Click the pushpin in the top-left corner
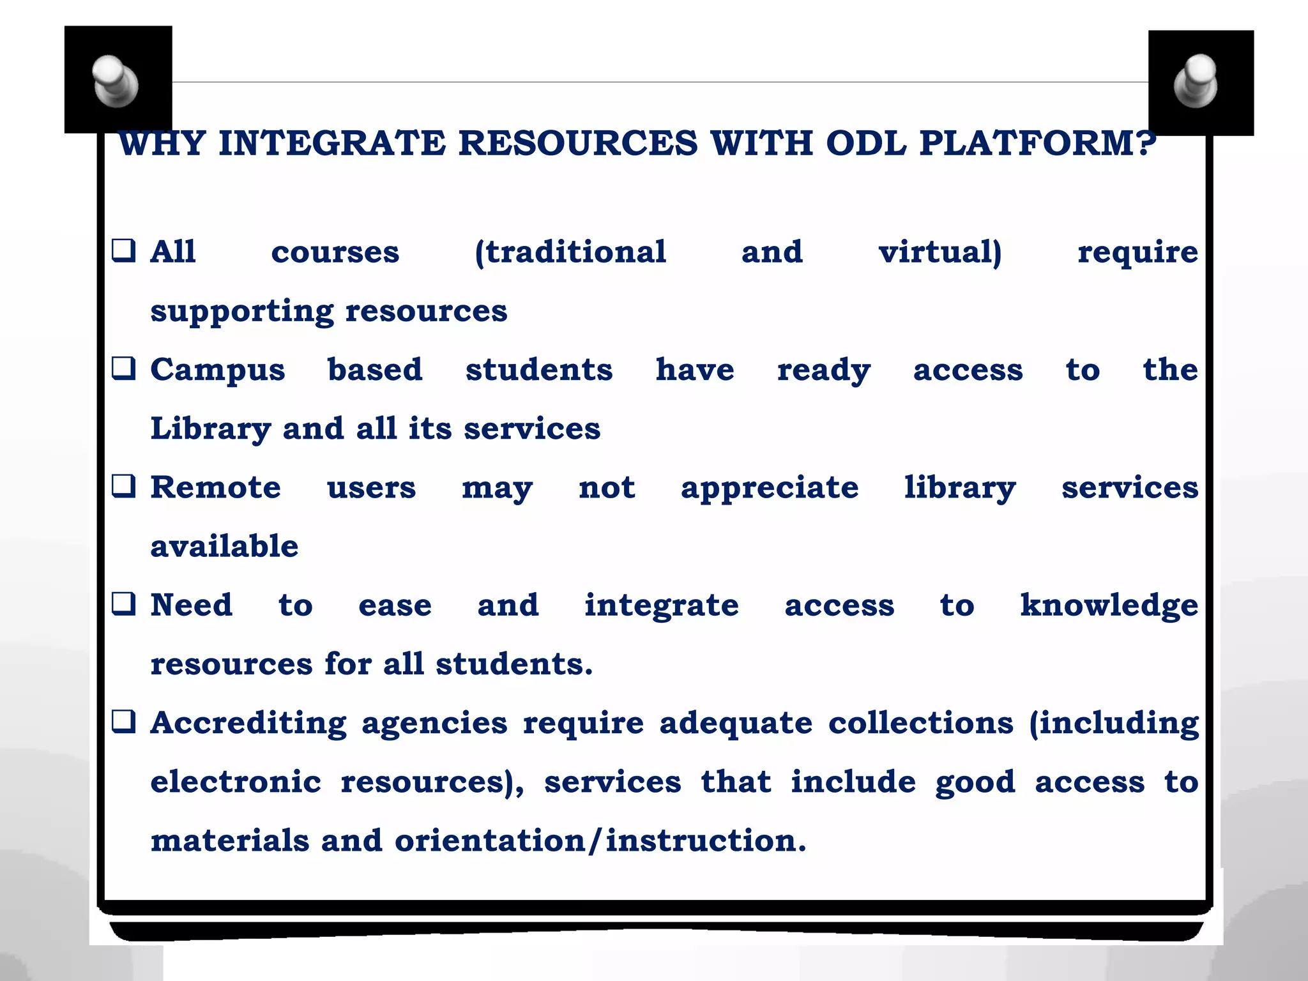click(116, 81)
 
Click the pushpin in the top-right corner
click(1196, 81)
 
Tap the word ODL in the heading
click(866, 143)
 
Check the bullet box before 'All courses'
click(124, 250)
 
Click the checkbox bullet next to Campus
click(124, 369)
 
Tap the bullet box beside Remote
click(124, 486)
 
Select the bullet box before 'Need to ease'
click(124, 604)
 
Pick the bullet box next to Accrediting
click(124, 722)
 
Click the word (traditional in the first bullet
click(570, 252)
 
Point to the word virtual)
click(940, 252)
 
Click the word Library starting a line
click(211, 429)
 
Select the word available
click(224, 547)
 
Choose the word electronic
click(236, 782)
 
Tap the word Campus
click(218, 371)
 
